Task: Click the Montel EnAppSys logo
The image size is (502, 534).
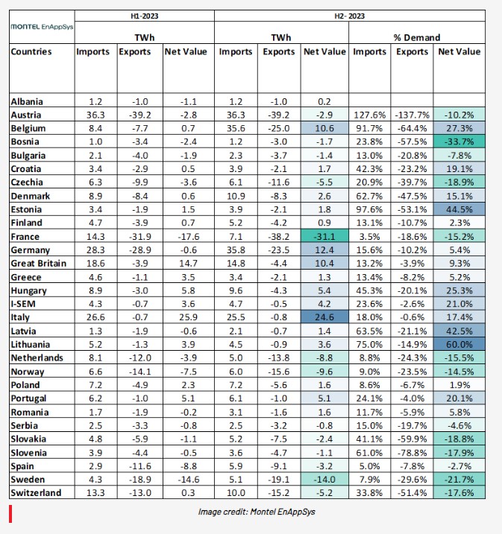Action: [x=42, y=27]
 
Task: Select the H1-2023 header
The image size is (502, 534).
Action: [x=144, y=16]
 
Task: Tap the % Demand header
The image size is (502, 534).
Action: [x=417, y=37]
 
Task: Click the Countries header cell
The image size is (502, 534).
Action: [x=31, y=51]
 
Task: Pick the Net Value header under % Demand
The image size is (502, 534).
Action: [x=459, y=51]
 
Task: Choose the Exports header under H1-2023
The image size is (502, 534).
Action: [x=135, y=51]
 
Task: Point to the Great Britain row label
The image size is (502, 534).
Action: [x=38, y=263]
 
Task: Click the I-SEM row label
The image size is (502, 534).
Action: [x=23, y=304]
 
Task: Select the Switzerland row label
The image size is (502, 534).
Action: [x=36, y=493]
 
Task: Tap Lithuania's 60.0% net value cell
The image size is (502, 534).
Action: [x=459, y=344]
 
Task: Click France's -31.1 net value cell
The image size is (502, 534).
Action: [x=324, y=236]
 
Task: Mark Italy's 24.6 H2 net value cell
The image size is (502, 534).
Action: [x=324, y=317]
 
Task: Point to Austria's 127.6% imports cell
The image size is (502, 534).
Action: [x=369, y=115]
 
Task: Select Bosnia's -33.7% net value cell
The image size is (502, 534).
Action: [x=459, y=142]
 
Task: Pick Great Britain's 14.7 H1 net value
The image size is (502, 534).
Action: [x=188, y=263]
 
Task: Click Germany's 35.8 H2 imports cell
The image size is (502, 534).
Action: [x=236, y=250]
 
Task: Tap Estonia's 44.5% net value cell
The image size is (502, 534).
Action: [x=459, y=209]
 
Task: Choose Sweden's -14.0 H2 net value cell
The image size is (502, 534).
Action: [x=324, y=480]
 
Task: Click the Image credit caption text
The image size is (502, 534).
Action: [x=257, y=512]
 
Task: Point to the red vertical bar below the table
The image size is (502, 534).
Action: [x=10, y=514]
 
